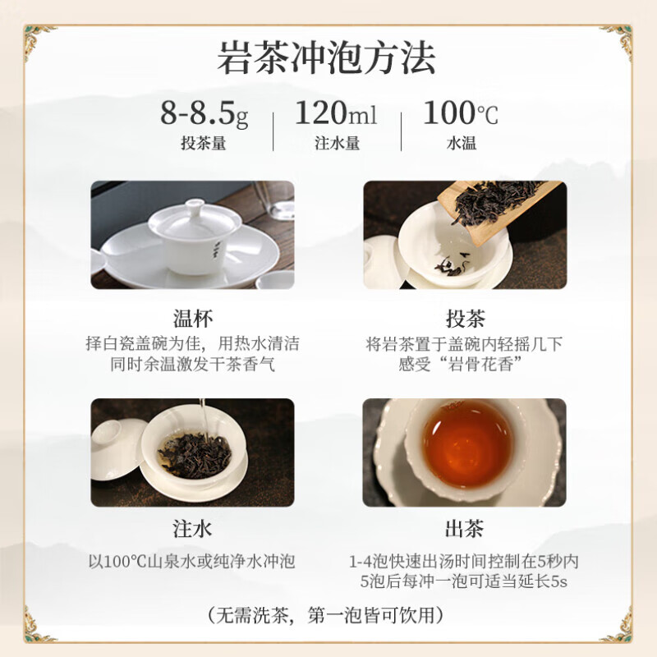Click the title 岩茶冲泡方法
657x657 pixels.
coord(327,59)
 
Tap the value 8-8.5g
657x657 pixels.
coord(204,113)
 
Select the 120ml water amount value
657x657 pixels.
coord(336,113)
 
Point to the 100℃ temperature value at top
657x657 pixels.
coord(461,113)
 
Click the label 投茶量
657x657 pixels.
coord(204,143)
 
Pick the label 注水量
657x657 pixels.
coord(337,143)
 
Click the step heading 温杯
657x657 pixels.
coord(192,318)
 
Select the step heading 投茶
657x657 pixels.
coord(465,318)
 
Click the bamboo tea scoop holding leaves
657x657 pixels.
coord(493,197)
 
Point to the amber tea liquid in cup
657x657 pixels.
coord(466,443)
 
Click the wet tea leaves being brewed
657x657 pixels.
coord(194,454)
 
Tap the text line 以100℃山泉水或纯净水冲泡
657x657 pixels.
coord(191,563)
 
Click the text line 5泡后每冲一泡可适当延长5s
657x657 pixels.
coord(465,582)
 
